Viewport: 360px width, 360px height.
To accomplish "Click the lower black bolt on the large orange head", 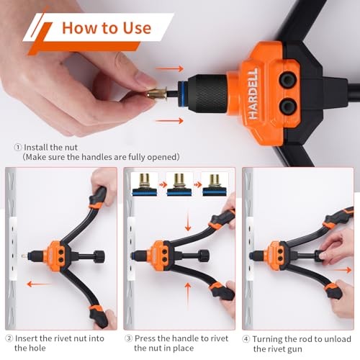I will pyautogui.click(x=289, y=107).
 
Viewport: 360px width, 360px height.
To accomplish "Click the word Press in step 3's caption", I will pyautogui.click(x=146, y=338).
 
